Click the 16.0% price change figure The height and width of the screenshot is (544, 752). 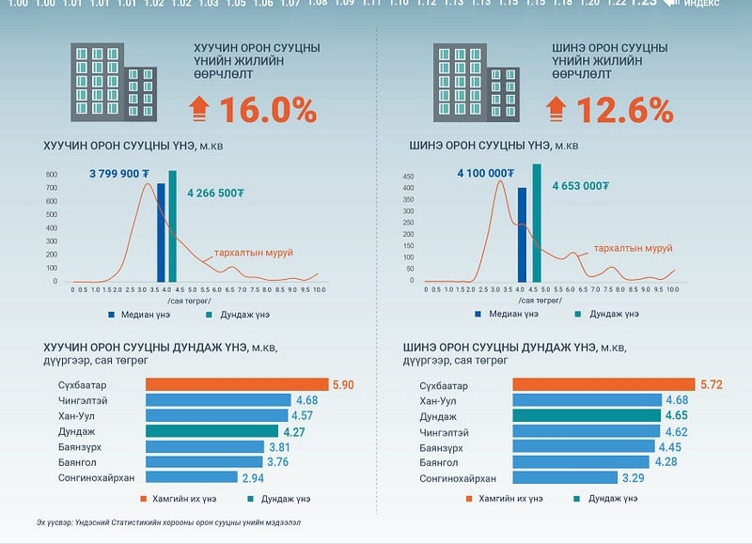(268, 110)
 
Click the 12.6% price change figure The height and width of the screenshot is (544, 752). (624, 110)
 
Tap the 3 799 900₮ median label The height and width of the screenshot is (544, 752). (120, 174)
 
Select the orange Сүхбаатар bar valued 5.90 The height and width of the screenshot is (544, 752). (236, 385)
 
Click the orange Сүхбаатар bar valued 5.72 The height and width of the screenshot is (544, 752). (601, 385)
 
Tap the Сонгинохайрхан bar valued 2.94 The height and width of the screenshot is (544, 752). (193, 477)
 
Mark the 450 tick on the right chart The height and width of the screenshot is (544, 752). (408, 176)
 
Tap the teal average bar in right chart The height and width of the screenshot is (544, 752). (537, 223)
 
